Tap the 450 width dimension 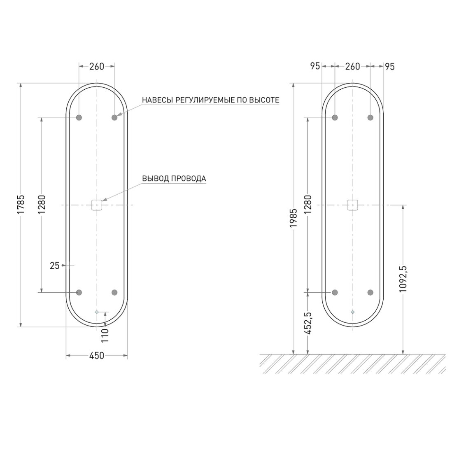(97, 356)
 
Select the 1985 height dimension (294, 218)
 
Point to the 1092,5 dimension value (403, 279)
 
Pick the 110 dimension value (105, 335)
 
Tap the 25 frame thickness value (54, 266)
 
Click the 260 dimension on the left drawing (97, 66)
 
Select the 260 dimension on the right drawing (352, 66)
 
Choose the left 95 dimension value (315, 66)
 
